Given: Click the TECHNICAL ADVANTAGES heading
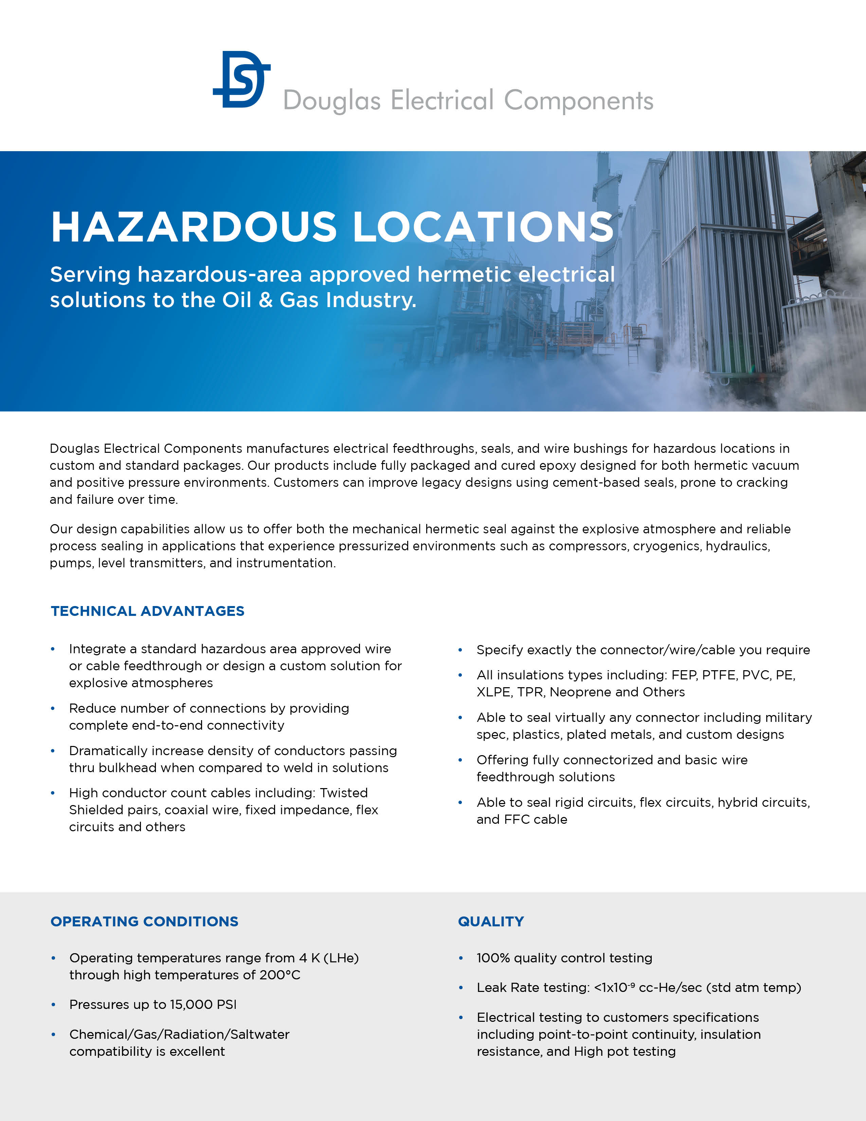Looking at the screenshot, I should [x=147, y=611].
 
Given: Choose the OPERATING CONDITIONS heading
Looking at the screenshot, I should [x=144, y=921].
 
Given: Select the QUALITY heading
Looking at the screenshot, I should [x=490, y=921].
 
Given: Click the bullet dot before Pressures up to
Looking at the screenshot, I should [x=53, y=1004].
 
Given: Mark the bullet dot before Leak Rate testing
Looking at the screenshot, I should [x=461, y=987].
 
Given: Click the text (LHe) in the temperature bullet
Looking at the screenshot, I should [x=341, y=958].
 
